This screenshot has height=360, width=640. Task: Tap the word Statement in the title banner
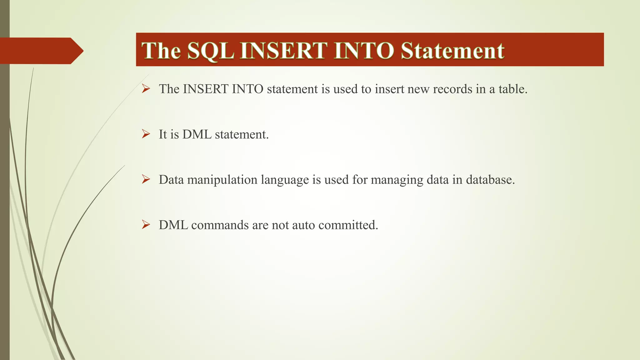click(452, 50)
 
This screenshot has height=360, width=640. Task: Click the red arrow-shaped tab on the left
click(41, 51)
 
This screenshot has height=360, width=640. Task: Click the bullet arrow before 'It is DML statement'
click(146, 134)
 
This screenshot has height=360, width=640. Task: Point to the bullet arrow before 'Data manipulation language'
click(146, 179)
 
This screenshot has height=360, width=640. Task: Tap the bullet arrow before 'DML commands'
click(146, 225)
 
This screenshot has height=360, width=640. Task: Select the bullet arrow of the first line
click(146, 89)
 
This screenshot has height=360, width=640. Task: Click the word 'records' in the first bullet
click(452, 89)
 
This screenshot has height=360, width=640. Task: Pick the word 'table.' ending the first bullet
click(513, 89)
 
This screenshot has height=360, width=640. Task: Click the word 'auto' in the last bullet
click(303, 225)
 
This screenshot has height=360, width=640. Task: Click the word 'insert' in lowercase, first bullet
click(389, 89)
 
